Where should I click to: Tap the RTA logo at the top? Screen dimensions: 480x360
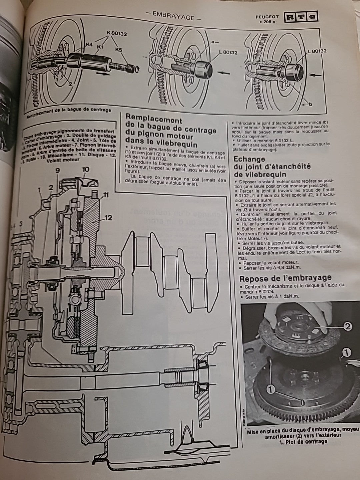[x=300, y=18]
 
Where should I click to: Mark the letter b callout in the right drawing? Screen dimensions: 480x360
[x=310, y=104]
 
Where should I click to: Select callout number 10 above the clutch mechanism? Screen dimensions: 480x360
[x=85, y=169]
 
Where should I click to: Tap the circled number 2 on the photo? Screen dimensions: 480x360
[x=348, y=327]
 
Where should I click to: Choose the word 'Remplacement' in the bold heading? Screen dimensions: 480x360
[x=154, y=120]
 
